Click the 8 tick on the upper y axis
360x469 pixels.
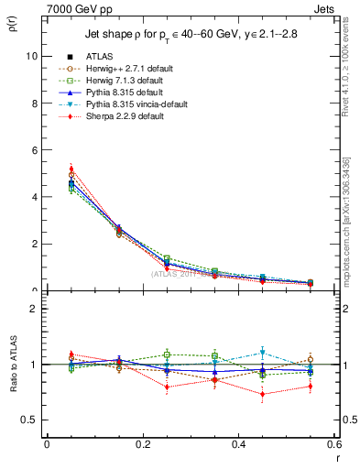click(33, 103)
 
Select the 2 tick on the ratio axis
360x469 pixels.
click(34, 309)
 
